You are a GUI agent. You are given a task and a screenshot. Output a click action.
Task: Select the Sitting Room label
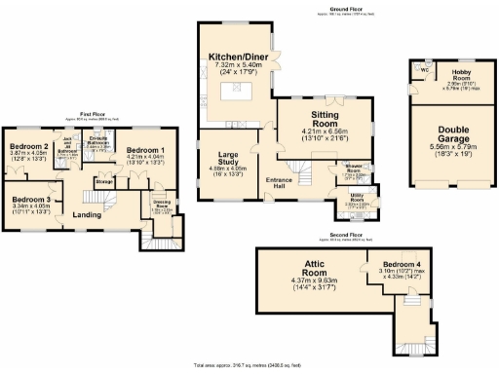click(x=324, y=116)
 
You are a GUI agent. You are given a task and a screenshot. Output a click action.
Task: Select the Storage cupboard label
click(x=102, y=180)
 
